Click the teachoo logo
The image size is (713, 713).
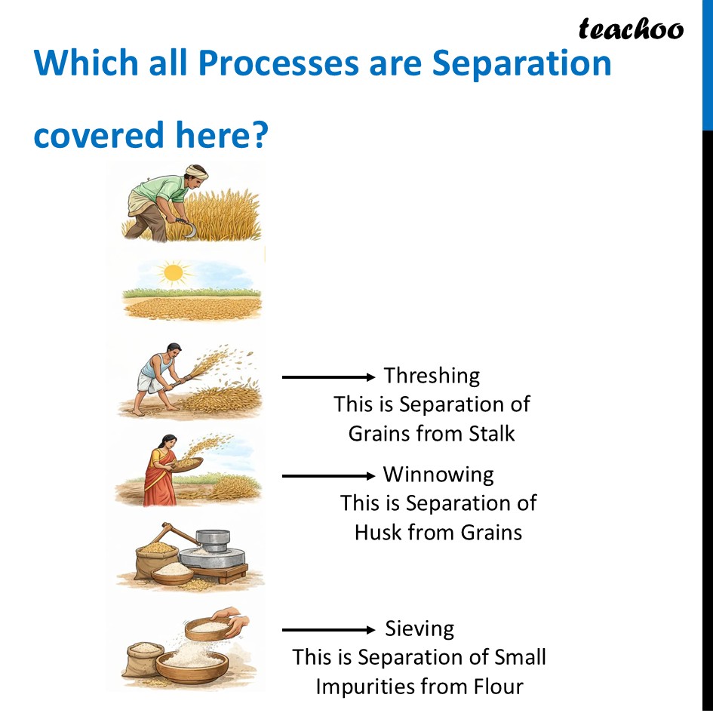click(631, 29)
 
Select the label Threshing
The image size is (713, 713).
click(432, 375)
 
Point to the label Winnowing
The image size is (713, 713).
click(438, 475)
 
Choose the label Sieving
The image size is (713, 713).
click(420, 628)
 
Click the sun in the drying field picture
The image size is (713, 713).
click(174, 272)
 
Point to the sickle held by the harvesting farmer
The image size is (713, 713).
click(181, 227)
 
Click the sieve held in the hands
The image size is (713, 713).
click(212, 625)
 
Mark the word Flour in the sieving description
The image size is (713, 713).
click(495, 687)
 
